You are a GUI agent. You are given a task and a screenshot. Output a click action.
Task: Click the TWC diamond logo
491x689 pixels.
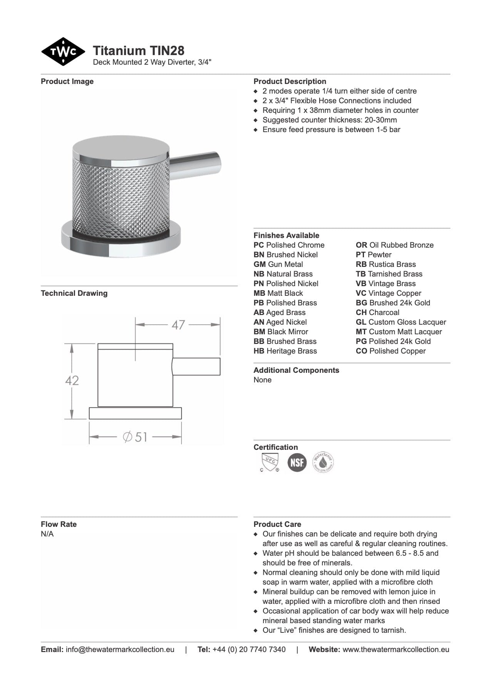[x=63, y=52]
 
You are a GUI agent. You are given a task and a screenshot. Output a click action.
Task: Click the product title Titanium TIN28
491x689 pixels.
[x=139, y=50]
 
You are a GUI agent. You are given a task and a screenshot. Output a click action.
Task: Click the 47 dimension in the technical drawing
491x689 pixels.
[x=178, y=325]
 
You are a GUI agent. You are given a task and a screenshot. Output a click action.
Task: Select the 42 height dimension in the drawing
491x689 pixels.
[x=72, y=381]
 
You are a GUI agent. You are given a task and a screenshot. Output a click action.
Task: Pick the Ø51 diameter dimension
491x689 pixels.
[x=136, y=437]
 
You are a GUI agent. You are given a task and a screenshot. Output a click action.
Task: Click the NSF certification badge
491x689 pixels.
[x=297, y=462]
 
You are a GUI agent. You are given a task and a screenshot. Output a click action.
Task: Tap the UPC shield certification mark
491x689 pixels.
[x=269, y=462]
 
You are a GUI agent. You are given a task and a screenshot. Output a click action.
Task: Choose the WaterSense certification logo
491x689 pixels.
[x=323, y=462]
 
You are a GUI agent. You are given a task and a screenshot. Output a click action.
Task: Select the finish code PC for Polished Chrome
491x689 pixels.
[x=259, y=245]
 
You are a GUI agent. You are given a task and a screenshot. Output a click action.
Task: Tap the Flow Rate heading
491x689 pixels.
[x=59, y=524]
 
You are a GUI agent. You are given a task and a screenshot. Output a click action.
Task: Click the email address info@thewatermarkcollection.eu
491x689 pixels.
[x=120, y=649]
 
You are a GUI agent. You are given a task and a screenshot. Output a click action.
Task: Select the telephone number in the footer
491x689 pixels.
[x=249, y=649]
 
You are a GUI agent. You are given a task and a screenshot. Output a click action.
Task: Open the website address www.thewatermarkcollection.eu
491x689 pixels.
[x=396, y=649]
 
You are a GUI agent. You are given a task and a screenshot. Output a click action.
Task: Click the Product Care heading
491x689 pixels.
[x=277, y=524]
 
